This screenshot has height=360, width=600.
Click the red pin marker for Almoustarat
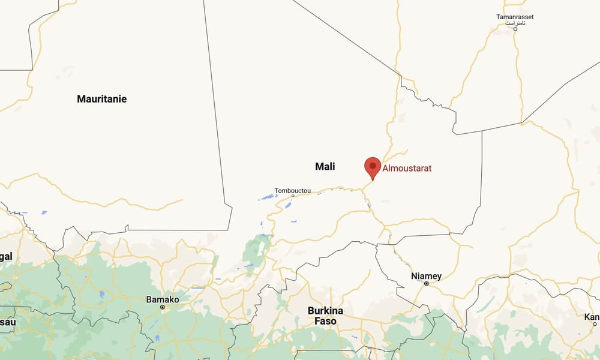point(373,166)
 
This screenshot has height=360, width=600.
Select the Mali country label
point(325,166)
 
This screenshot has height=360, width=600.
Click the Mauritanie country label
point(102,99)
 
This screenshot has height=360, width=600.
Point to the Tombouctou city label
point(293,191)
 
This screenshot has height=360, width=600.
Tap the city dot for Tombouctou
point(293,196)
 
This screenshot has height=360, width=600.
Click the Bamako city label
point(163,299)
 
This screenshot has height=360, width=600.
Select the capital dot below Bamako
point(163,307)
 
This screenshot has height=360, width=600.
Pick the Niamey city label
point(427,276)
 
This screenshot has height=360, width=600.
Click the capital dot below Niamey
point(427,284)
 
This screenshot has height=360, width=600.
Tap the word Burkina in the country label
point(325,311)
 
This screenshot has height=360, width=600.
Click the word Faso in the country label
point(325,321)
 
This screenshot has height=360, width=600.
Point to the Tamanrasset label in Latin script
point(515,16)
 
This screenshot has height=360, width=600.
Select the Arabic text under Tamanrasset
point(515,23)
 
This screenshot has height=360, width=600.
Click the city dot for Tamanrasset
point(515,29)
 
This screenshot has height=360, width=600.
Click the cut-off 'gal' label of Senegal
point(6,257)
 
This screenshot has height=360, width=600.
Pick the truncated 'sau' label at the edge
point(7,322)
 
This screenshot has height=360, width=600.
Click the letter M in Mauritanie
point(82,99)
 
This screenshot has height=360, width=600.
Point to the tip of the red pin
point(373,180)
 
